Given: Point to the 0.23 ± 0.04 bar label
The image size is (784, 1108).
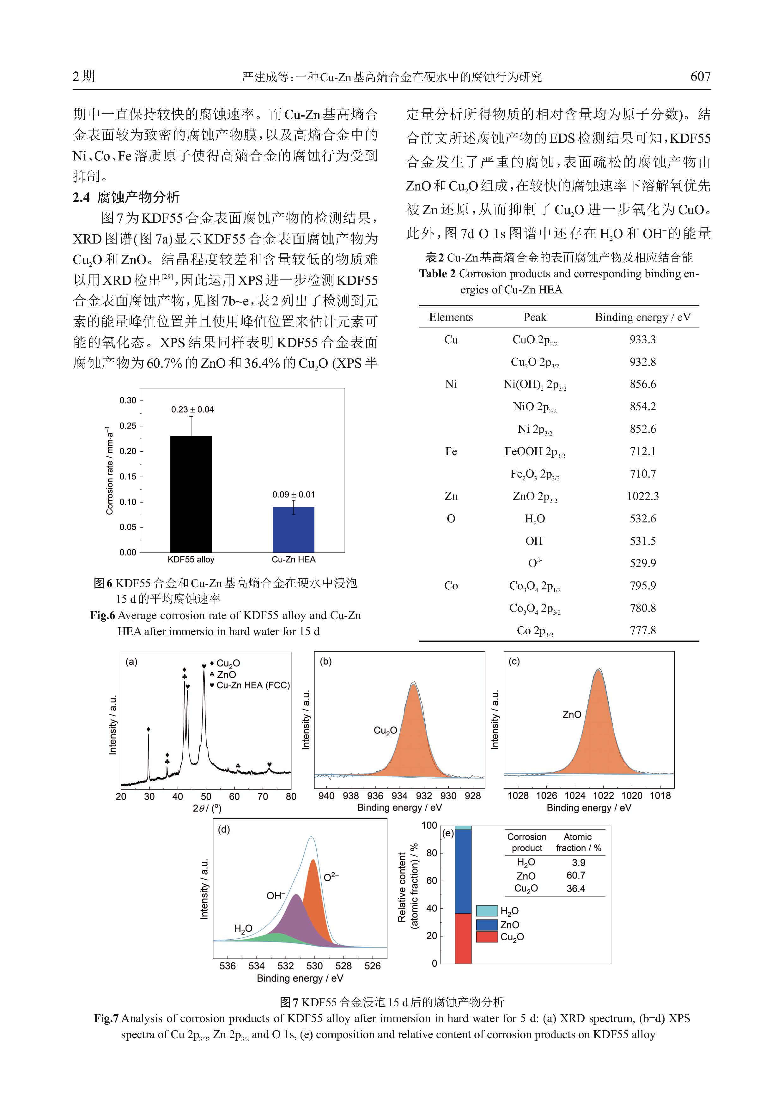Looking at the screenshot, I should click(192, 409).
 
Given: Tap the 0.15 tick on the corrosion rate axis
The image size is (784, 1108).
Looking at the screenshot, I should click(128, 476).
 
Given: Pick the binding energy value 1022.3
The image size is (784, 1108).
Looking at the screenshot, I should click(642, 496).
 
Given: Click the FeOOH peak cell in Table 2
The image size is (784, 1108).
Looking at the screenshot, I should click(534, 452).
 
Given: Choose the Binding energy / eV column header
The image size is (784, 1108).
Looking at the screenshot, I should click(642, 317).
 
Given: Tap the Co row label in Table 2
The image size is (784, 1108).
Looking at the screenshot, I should click(451, 585).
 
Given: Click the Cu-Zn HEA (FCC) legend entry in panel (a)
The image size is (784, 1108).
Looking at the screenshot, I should click(252, 685).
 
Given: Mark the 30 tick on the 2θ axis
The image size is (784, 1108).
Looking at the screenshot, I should click(149, 796).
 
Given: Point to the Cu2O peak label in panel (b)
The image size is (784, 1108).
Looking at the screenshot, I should click(385, 731).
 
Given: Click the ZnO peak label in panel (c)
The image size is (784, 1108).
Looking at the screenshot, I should click(572, 714).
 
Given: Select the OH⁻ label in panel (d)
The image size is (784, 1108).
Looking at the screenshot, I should click(276, 896).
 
